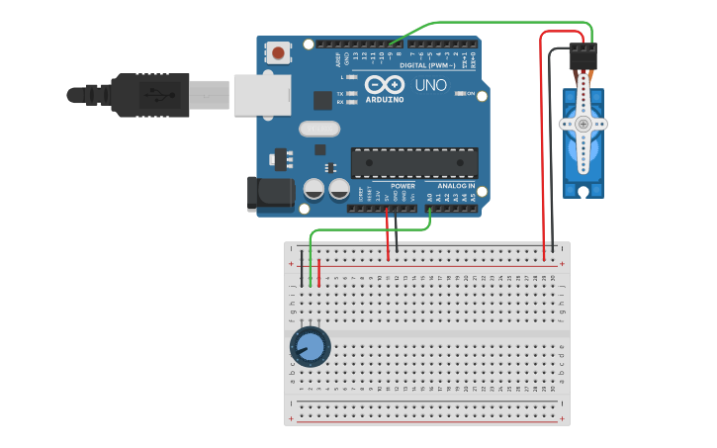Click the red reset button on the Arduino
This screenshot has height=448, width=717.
point(279,52)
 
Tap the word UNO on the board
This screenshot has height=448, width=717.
point(431,86)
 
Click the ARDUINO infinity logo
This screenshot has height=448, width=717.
point(384,85)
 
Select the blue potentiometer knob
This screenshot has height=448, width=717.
point(310,347)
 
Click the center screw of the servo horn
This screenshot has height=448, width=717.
point(583,124)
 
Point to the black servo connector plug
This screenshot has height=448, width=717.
point(583,56)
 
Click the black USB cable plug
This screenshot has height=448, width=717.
point(149,95)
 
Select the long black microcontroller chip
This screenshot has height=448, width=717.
point(414,163)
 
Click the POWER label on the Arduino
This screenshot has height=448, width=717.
point(403,186)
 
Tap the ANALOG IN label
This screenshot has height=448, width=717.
point(456,186)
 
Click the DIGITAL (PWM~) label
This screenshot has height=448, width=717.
point(427,65)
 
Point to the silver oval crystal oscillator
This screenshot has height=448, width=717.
point(318,129)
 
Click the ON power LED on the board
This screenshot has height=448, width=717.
point(461,94)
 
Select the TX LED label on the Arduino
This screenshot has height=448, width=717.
point(340,94)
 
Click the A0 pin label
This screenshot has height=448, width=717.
point(430,198)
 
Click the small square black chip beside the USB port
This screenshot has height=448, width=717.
point(322,100)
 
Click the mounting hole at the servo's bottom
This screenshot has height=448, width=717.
point(583,190)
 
